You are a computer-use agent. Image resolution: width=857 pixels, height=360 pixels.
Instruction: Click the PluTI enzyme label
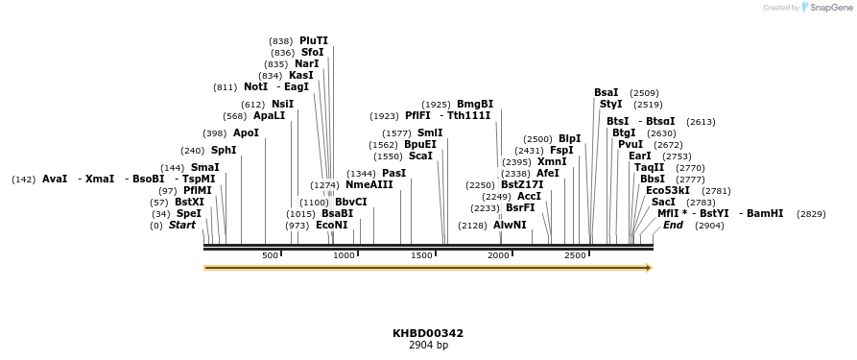[313, 41]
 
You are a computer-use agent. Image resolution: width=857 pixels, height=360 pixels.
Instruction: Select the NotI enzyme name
[255, 87]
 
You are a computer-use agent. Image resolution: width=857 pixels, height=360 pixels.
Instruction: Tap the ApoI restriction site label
[246, 133]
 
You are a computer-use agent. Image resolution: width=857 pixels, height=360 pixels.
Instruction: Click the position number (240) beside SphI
[192, 151]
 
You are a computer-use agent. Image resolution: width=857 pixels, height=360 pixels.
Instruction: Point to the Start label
[181, 226]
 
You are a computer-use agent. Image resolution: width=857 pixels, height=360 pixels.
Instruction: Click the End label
[673, 226]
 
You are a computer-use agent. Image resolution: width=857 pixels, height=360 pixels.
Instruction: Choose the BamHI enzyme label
[764, 214]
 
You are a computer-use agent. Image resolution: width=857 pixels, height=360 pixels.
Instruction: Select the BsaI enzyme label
[606, 93]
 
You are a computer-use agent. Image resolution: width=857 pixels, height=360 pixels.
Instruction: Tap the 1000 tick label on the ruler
[344, 255]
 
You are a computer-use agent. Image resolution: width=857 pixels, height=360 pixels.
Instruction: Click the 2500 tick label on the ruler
[575, 255]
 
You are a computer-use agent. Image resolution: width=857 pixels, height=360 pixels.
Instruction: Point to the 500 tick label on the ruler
[270, 255]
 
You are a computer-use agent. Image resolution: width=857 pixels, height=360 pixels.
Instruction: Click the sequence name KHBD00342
[428, 334]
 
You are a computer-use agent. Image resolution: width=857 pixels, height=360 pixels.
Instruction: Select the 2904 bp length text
[428, 346]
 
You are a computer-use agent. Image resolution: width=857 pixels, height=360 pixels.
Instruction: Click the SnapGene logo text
[831, 8]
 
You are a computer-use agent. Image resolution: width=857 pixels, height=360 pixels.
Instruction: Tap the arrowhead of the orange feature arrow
[650, 268]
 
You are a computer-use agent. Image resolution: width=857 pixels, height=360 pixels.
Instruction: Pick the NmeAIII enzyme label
[369, 185]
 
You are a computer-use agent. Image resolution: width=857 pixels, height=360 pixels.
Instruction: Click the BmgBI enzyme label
[474, 105]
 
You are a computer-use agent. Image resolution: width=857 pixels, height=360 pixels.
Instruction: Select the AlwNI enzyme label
[510, 226]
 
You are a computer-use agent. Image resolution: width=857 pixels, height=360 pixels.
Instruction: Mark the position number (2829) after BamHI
[811, 214]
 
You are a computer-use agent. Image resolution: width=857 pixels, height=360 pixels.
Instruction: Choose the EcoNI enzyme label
[331, 226]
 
